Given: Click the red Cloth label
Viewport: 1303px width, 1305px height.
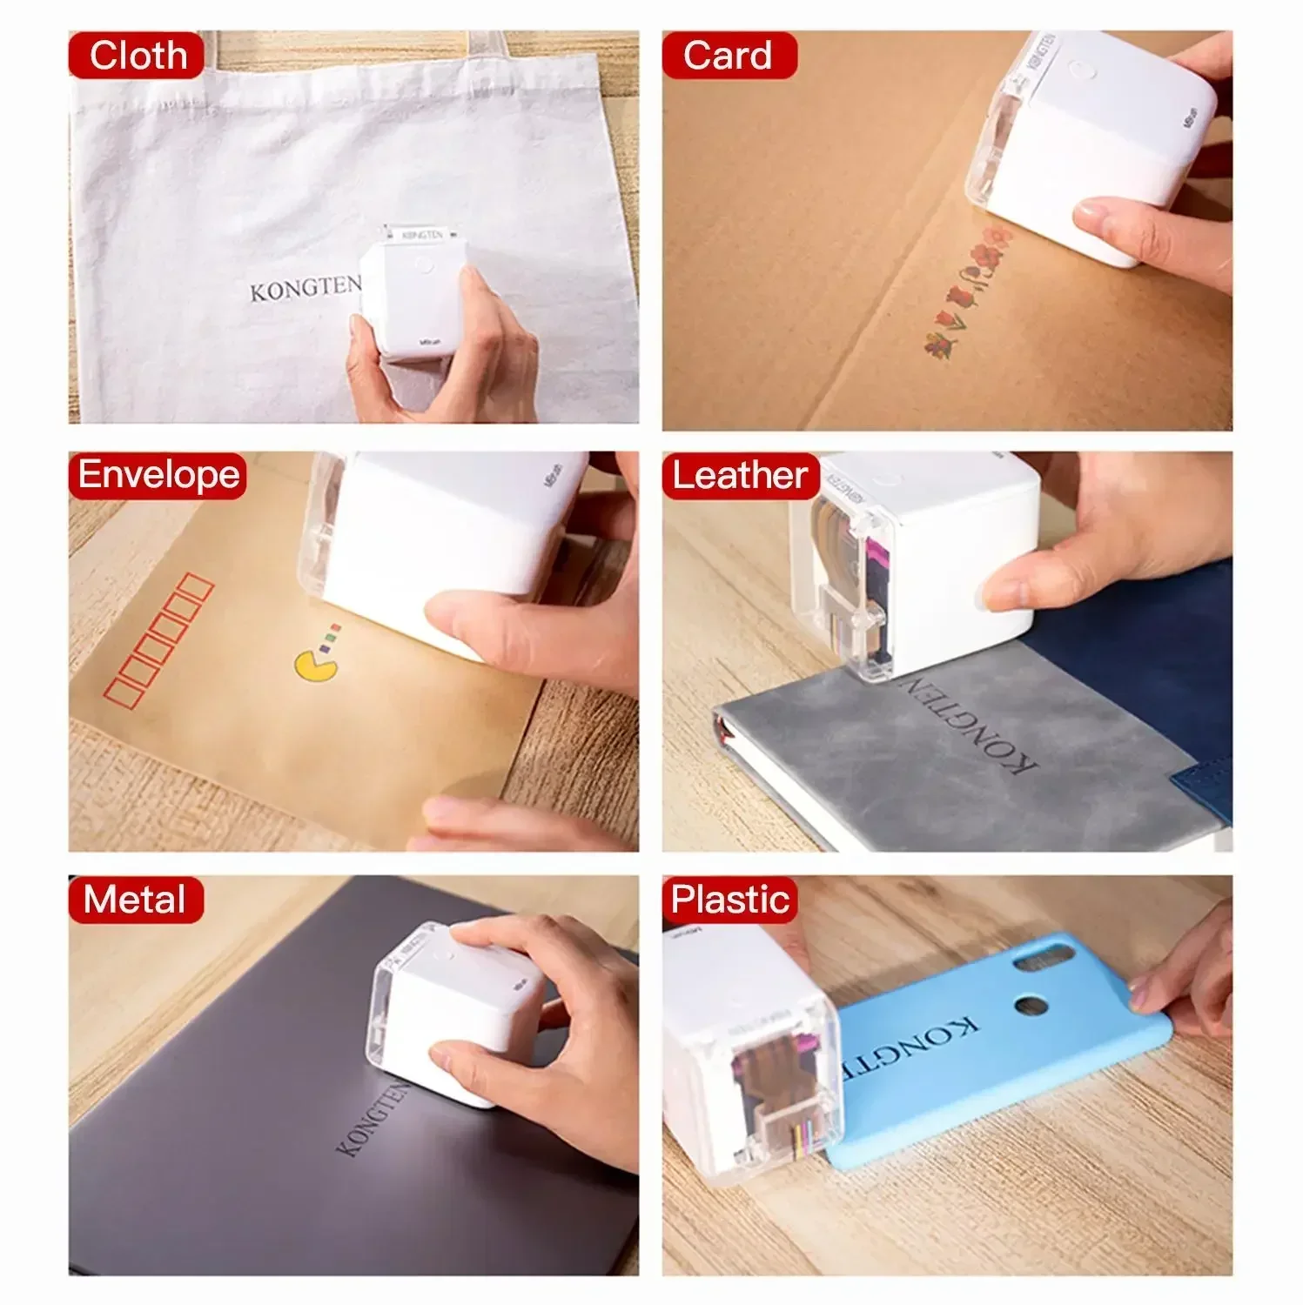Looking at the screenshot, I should click(x=137, y=56).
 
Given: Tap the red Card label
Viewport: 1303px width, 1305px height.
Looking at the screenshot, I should click(x=729, y=56).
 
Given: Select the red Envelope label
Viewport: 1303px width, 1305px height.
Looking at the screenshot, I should click(x=158, y=475).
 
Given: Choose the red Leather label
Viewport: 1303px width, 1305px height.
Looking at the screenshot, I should click(x=741, y=475).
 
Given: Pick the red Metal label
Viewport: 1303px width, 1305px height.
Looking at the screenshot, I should click(x=136, y=900).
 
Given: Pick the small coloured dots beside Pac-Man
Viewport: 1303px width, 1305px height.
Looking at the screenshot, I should click(x=330, y=637).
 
